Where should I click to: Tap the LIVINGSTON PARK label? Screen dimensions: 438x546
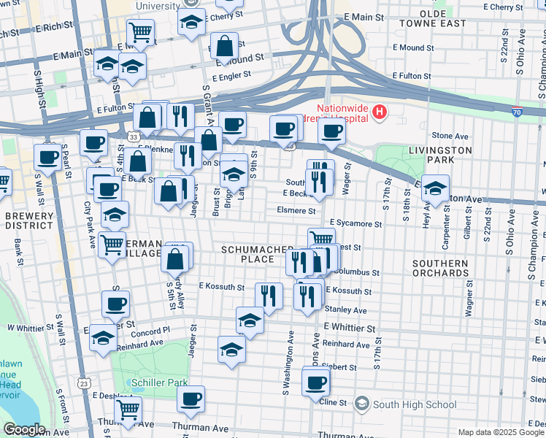tap(441, 155)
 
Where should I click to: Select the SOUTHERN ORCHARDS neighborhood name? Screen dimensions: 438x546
tap(440, 268)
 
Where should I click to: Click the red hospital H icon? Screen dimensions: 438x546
tap(379, 112)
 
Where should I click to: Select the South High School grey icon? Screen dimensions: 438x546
tap(361, 404)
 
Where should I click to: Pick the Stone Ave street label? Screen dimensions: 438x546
tap(450, 136)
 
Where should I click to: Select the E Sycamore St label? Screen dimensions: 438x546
tap(355, 223)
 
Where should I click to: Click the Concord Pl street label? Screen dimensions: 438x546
tap(150, 330)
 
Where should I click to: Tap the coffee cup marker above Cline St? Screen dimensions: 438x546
tap(315, 382)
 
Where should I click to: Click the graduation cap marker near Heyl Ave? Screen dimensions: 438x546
tap(435, 188)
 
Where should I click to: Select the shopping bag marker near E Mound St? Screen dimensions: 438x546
tap(224, 46)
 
